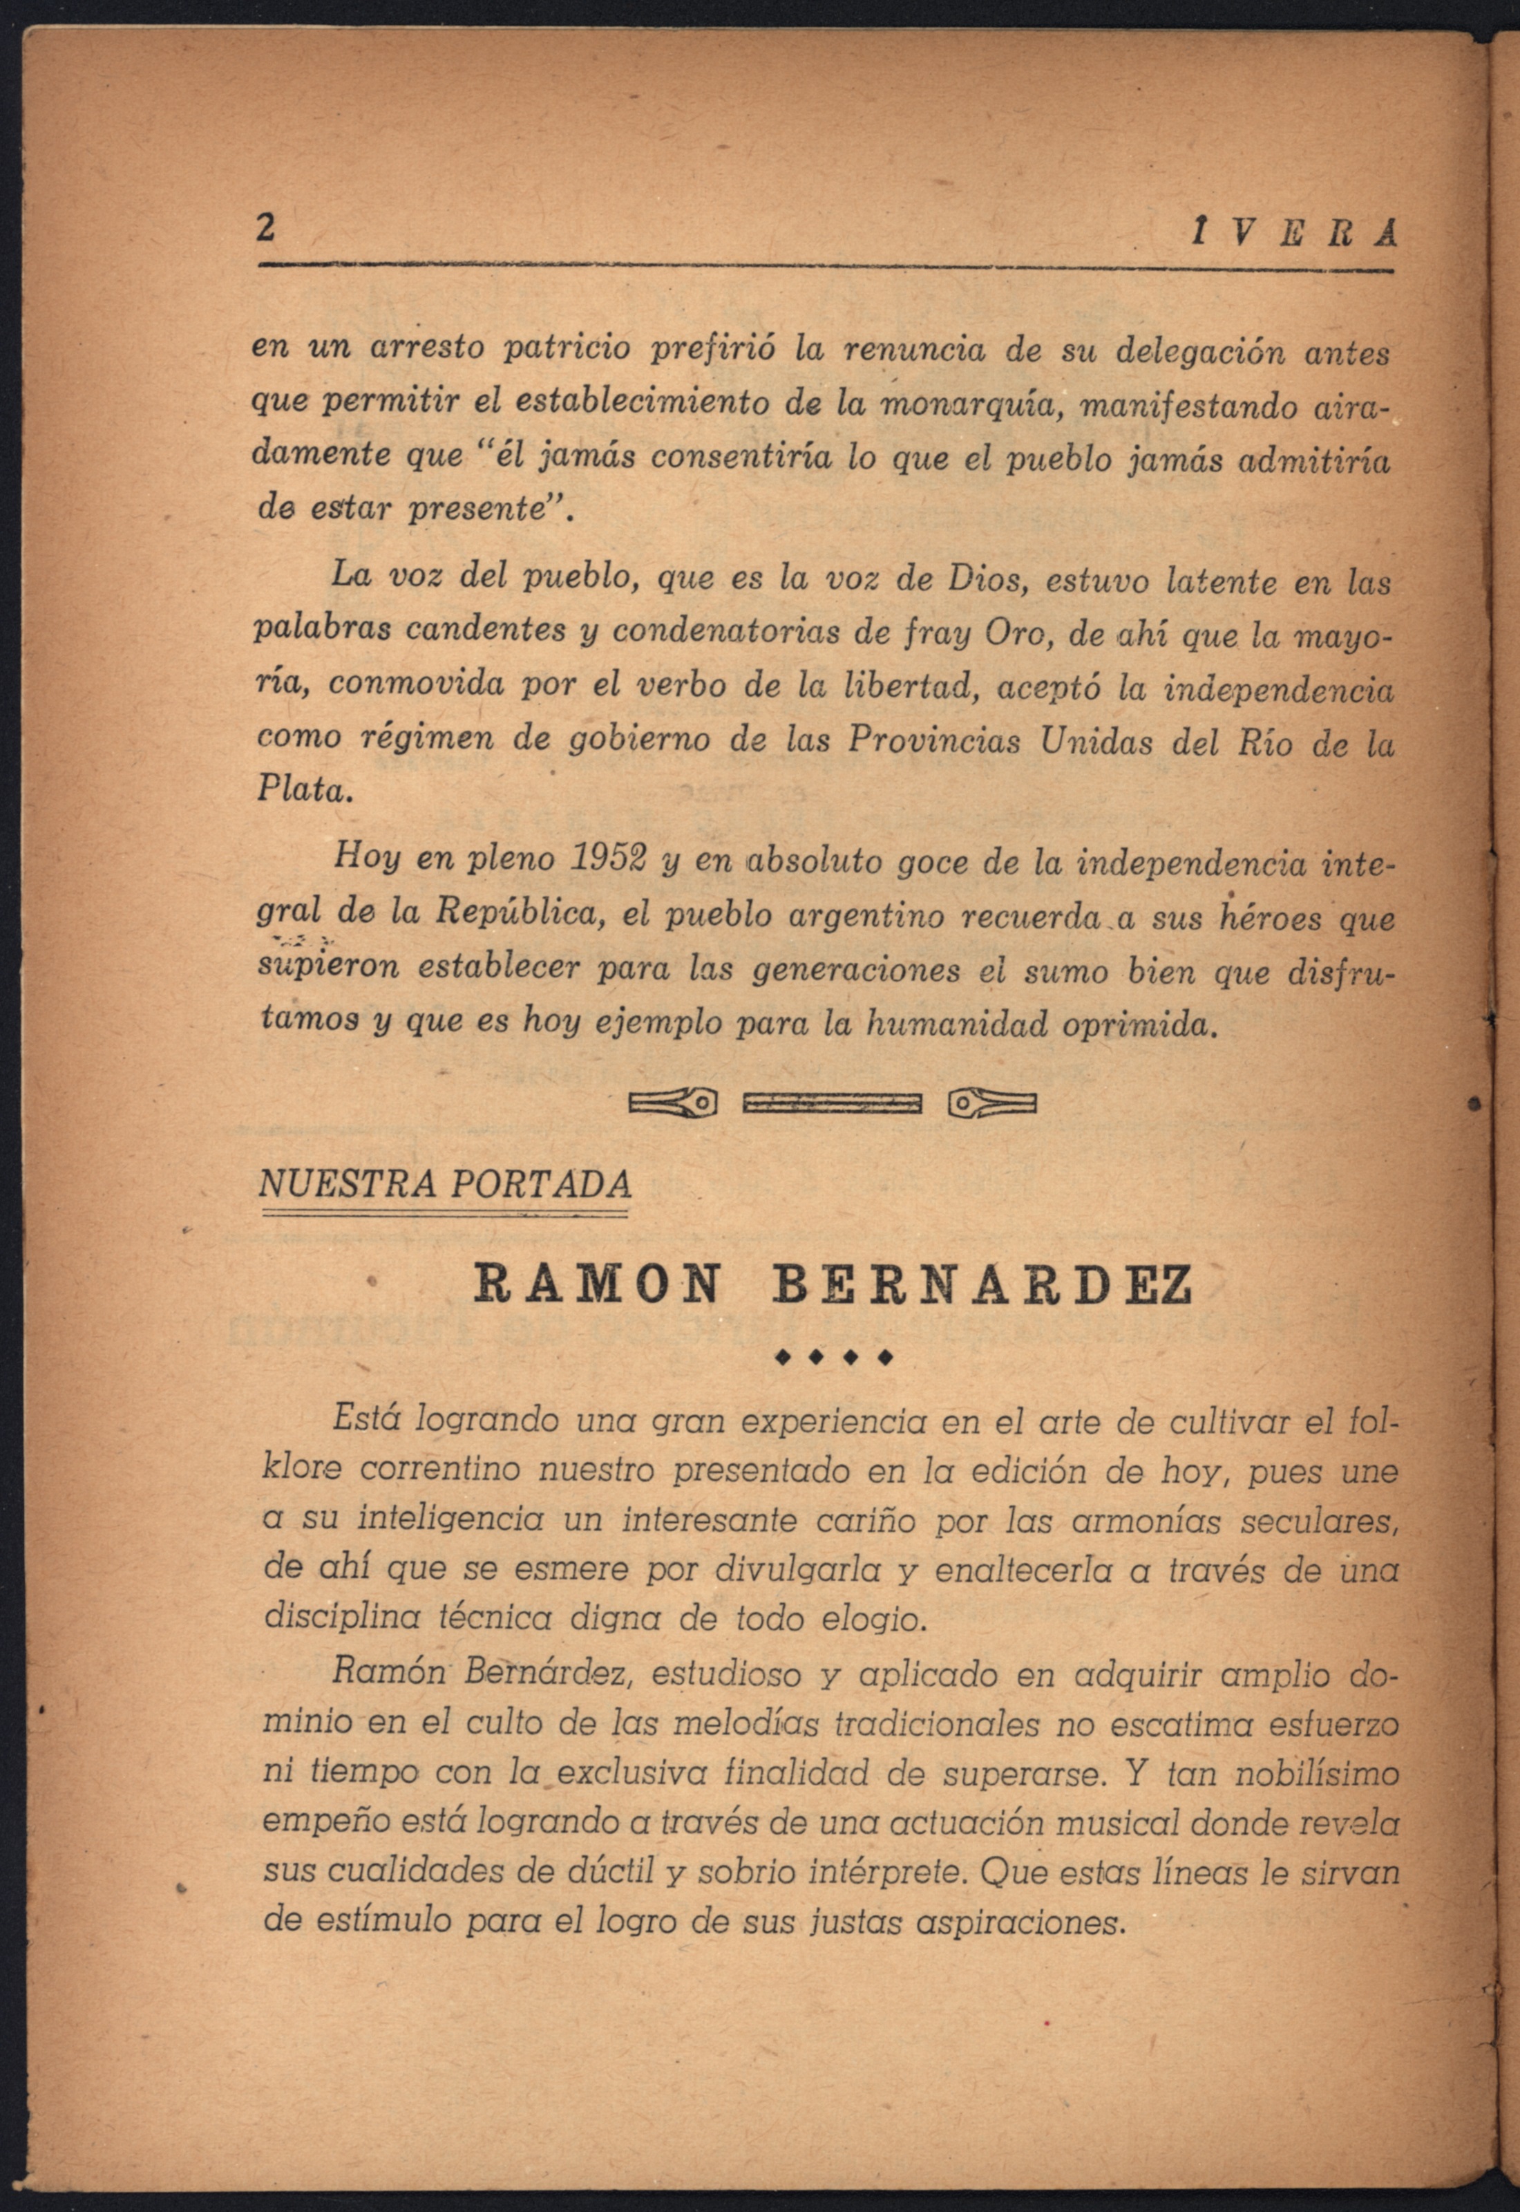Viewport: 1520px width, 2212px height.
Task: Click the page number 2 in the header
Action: [x=267, y=229]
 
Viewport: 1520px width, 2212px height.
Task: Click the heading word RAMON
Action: [x=597, y=1285]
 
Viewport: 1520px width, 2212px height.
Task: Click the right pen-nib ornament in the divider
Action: [x=991, y=1104]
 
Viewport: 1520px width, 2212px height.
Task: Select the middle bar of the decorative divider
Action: [x=831, y=1104]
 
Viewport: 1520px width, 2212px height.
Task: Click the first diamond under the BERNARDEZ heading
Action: [x=783, y=1356]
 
